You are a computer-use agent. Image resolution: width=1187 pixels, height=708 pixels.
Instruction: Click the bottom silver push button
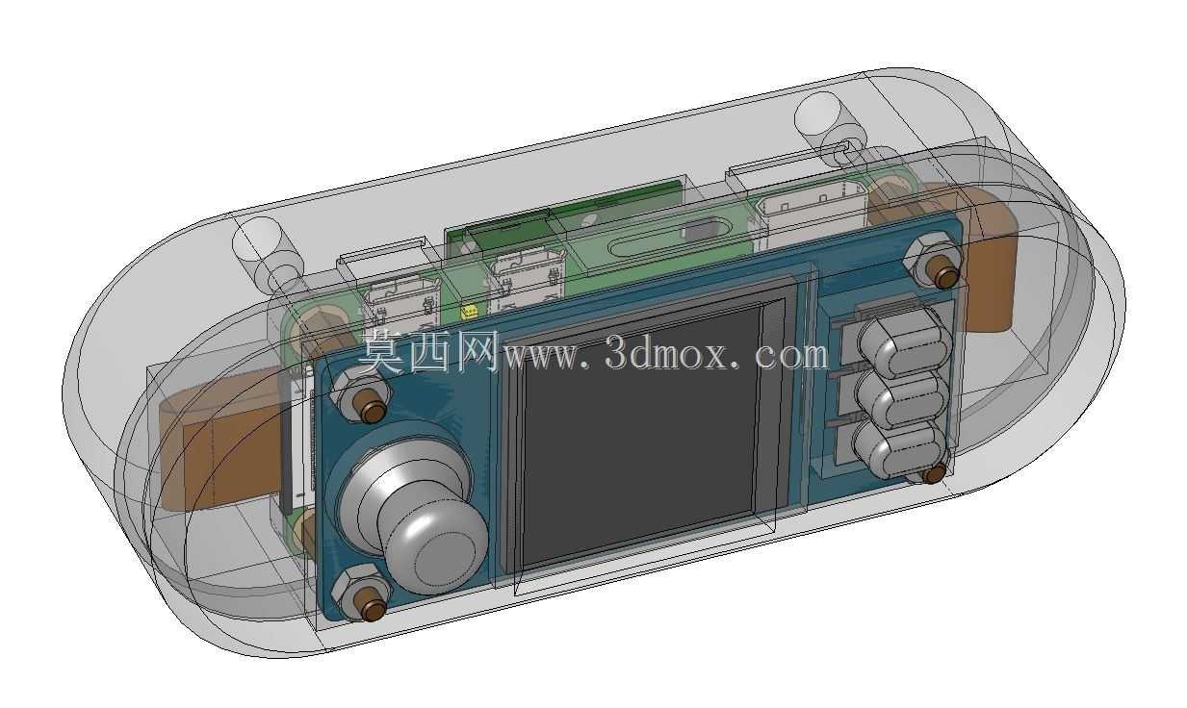tap(899, 450)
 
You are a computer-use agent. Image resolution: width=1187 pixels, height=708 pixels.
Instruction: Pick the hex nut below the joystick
tap(361, 593)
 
